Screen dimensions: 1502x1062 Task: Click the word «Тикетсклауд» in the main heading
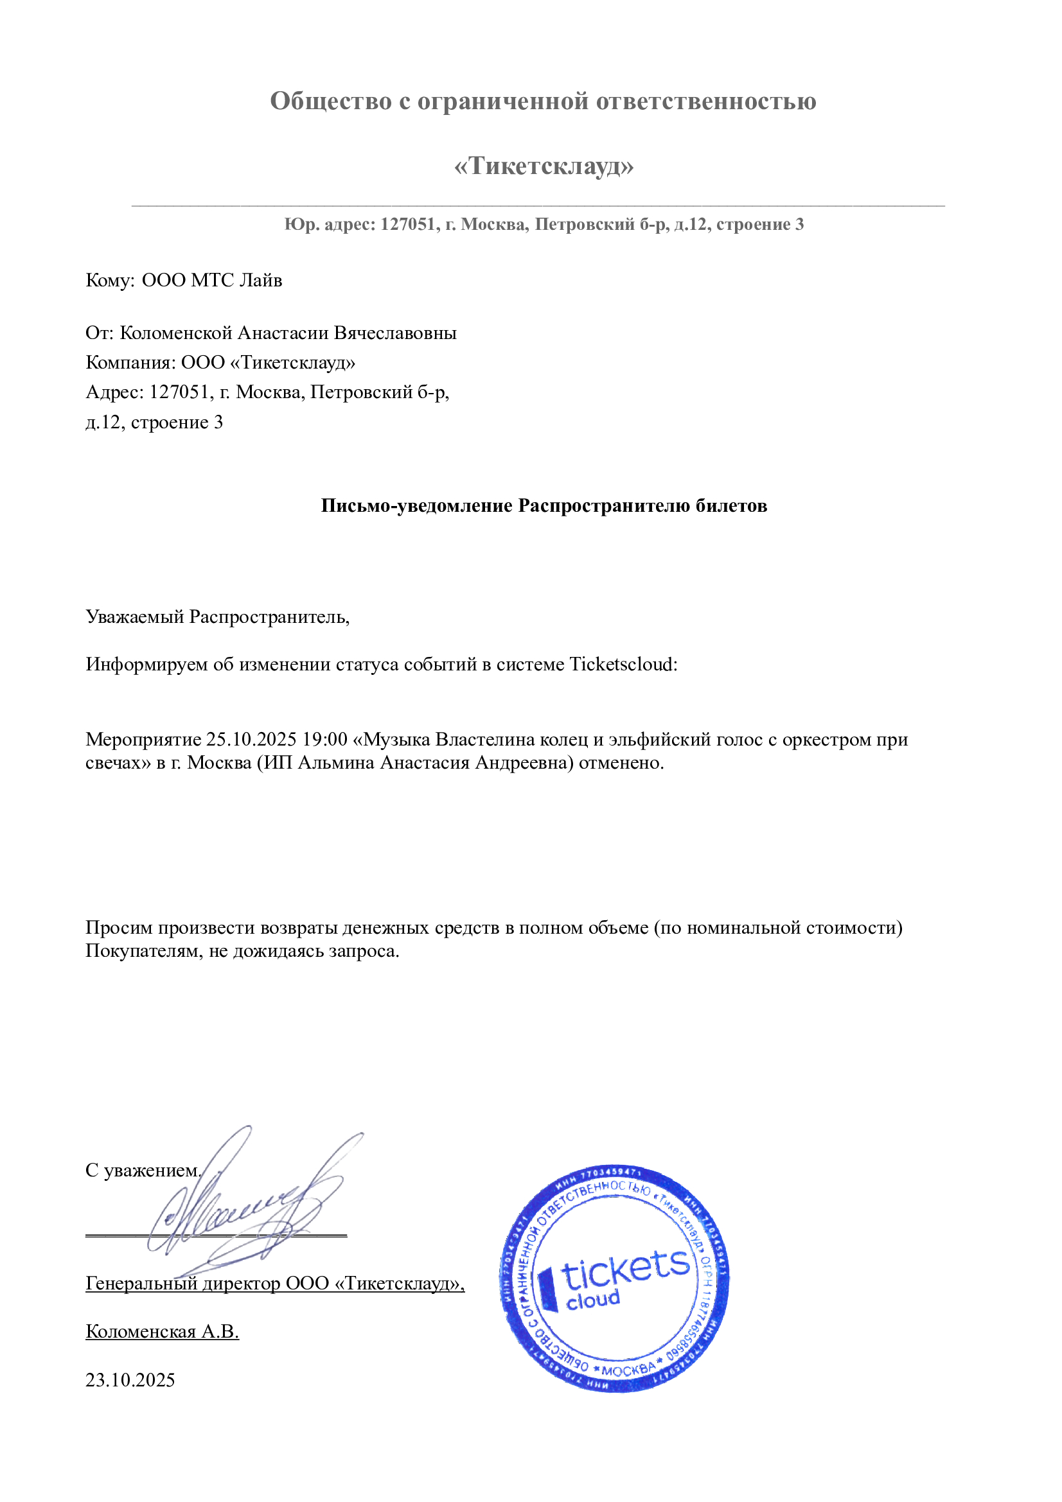(x=543, y=166)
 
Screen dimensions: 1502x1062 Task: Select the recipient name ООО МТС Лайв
(x=212, y=281)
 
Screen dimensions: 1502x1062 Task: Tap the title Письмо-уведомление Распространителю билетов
(x=544, y=505)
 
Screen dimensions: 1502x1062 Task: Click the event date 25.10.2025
(x=251, y=739)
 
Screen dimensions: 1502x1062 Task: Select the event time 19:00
(x=324, y=739)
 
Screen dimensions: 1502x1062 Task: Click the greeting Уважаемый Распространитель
(x=217, y=616)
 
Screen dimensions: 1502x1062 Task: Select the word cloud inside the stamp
(x=592, y=1300)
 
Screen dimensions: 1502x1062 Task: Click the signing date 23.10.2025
(x=130, y=1381)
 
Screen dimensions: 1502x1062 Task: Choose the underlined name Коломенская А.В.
(x=163, y=1332)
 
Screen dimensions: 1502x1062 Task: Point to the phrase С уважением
(x=143, y=1171)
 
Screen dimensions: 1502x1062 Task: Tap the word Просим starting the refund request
(x=119, y=928)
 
